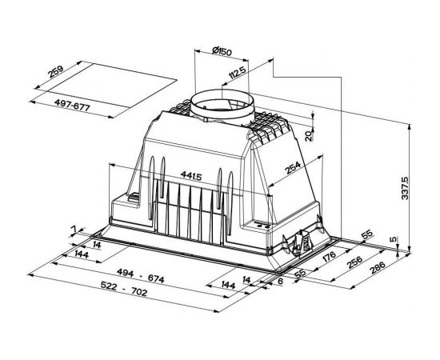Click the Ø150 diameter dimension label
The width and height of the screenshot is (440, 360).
[x=222, y=52]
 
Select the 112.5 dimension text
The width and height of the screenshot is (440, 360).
[x=238, y=72]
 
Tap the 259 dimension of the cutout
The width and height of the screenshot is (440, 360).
[x=56, y=72]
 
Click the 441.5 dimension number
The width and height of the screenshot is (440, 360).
[x=191, y=176]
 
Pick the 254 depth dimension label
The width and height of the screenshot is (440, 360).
[x=293, y=168]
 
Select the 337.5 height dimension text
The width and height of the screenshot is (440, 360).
[x=405, y=187]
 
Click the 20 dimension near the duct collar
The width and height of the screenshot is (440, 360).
[x=308, y=136]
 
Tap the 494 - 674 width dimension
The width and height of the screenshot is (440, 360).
[x=140, y=276]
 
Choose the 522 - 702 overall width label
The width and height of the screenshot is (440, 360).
[x=123, y=289]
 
